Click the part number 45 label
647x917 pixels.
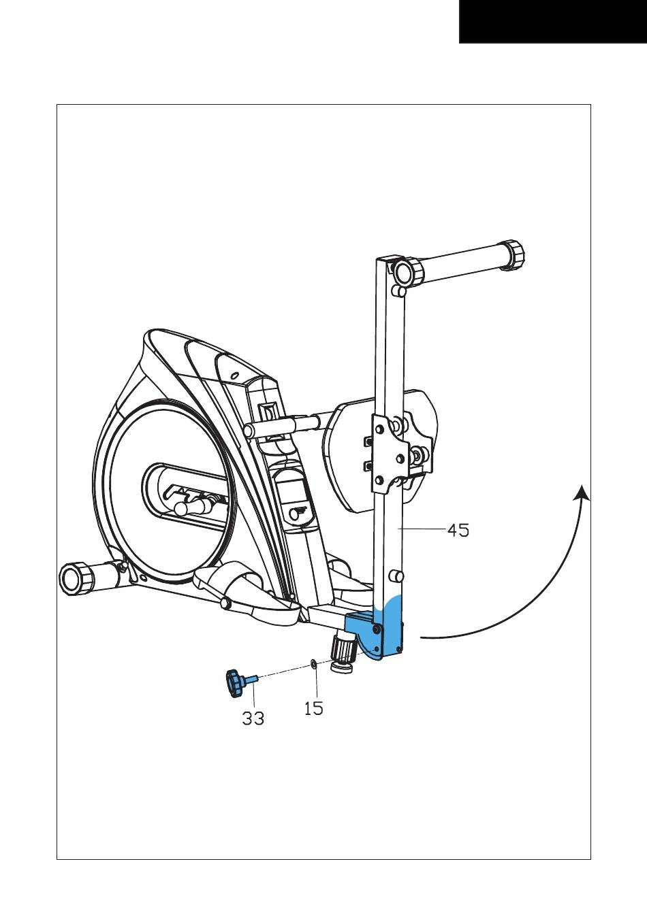click(458, 531)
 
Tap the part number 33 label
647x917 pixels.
click(253, 718)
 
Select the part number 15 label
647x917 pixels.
click(314, 708)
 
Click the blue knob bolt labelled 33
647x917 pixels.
click(240, 682)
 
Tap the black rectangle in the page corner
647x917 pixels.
click(553, 21)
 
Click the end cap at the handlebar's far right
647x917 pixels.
click(514, 256)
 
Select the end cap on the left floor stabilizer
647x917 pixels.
click(76, 578)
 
